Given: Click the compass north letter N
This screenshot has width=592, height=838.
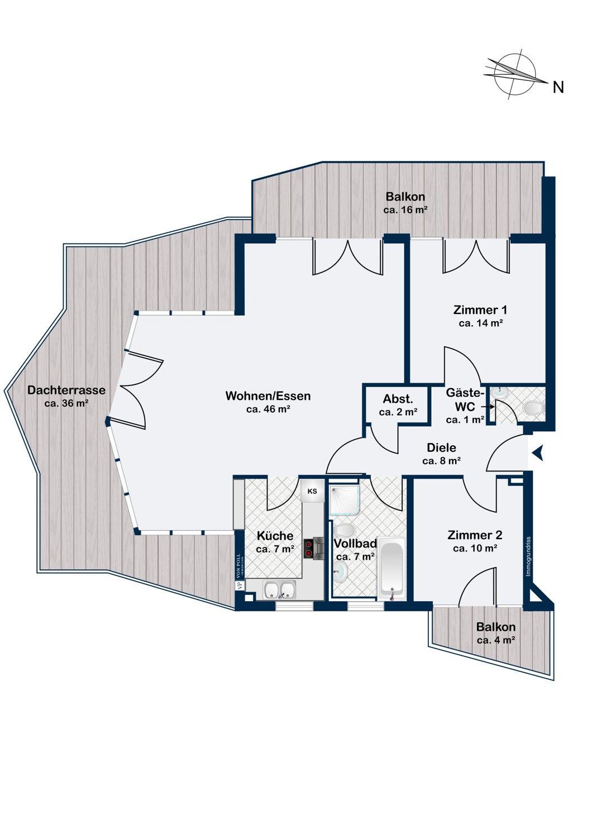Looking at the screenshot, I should click(558, 87).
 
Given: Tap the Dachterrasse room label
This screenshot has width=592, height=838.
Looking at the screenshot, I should click(66, 390).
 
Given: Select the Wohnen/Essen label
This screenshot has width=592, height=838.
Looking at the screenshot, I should click(268, 396).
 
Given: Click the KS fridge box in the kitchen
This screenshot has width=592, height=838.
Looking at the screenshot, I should click(312, 491).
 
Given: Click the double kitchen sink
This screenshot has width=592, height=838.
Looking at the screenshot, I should click(279, 589).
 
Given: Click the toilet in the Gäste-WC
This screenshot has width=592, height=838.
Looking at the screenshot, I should click(534, 408).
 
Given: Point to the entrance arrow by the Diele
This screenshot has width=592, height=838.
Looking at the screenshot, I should click(538, 453).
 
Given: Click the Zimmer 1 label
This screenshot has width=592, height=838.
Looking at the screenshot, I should click(480, 310).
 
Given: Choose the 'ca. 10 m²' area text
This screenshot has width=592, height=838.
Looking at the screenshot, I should click(475, 549).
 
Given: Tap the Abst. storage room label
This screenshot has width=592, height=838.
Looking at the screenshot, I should click(398, 399).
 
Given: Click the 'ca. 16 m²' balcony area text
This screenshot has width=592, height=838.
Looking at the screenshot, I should click(405, 210).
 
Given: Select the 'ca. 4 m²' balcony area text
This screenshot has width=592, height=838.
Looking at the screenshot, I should click(495, 640).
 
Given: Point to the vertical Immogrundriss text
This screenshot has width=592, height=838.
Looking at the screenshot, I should click(528, 556).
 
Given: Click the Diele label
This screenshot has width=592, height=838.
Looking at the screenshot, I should click(441, 447).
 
